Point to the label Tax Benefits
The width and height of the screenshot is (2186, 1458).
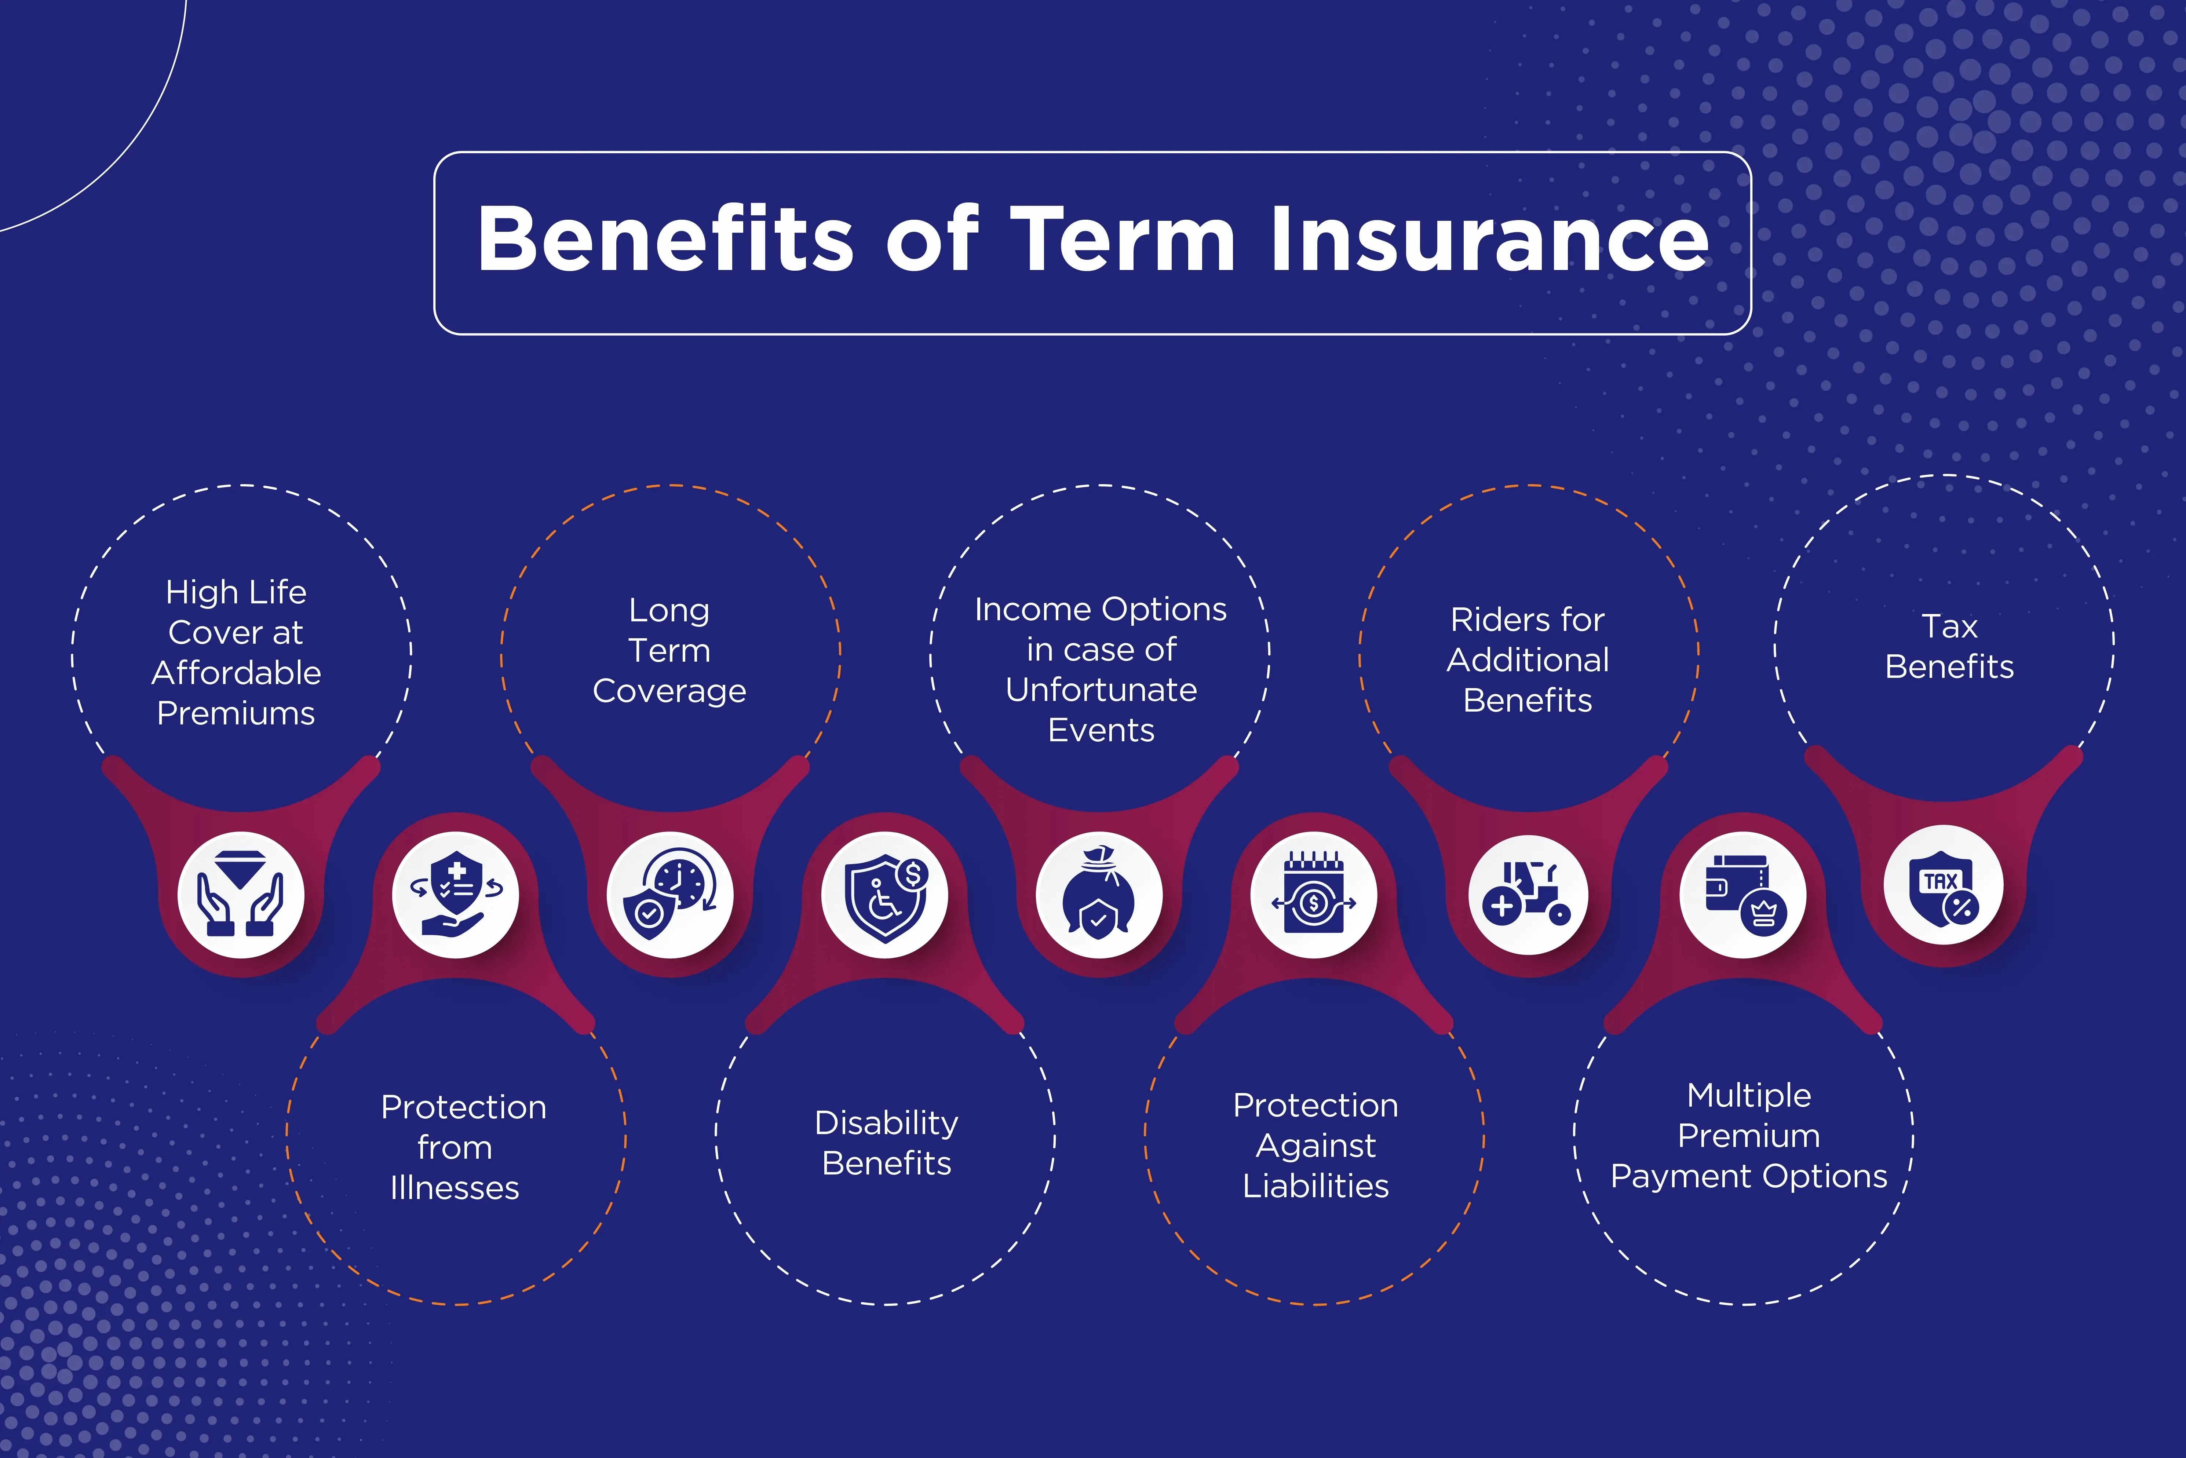1949,646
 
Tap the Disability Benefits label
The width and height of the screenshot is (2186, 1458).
886,1143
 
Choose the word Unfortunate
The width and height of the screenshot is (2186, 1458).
1101,690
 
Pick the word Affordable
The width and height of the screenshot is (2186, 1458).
236,672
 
